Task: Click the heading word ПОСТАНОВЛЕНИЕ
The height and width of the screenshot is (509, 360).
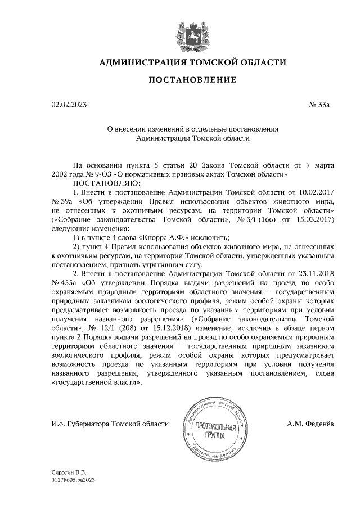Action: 192,81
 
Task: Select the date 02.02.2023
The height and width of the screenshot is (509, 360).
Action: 69,104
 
